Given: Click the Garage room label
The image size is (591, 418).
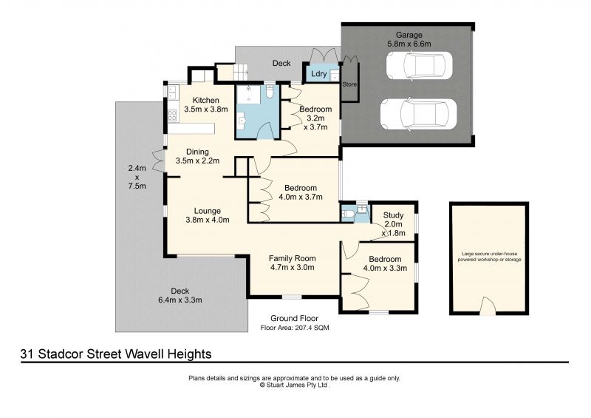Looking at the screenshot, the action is (x=409, y=35).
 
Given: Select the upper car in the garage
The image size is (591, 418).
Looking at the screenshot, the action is (x=419, y=65).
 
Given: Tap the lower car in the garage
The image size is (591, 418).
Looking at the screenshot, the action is (x=418, y=114).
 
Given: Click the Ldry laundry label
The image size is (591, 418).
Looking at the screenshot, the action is (x=319, y=74).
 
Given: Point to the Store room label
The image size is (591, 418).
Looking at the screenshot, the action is (x=349, y=84).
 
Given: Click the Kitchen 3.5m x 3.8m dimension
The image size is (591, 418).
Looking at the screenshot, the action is (x=206, y=109).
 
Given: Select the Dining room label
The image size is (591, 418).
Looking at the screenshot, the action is (x=197, y=152).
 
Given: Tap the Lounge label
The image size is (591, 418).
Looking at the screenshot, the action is (x=208, y=211).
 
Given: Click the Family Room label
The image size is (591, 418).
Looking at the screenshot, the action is (x=292, y=259).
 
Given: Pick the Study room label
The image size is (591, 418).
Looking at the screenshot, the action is (x=393, y=215).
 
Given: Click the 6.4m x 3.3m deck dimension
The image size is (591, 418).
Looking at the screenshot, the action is (x=180, y=300).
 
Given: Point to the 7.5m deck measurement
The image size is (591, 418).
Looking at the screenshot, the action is (x=137, y=186).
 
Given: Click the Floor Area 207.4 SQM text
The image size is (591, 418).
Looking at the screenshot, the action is (x=295, y=328).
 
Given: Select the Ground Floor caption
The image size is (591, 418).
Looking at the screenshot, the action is (x=294, y=318).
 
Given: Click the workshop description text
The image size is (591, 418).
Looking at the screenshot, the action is (x=489, y=257).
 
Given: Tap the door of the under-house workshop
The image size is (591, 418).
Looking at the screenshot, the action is (x=488, y=306).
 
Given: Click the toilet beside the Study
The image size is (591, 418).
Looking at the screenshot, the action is (x=347, y=215).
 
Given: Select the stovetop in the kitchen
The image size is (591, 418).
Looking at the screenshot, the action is (x=173, y=115).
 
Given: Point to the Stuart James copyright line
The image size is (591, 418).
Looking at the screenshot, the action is (x=294, y=385).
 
